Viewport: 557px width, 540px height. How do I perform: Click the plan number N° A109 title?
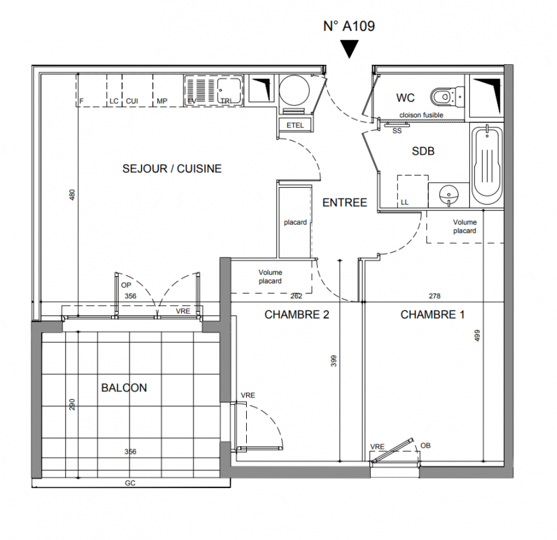tap(349, 26)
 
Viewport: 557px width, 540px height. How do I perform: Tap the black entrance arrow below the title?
tap(349, 48)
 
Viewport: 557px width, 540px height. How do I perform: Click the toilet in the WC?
tap(447, 96)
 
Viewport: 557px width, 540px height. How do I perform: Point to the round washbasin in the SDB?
tap(448, 195)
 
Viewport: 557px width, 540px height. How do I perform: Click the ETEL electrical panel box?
tap(295, 125)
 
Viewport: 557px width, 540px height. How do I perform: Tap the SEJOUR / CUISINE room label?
tap(172, 169)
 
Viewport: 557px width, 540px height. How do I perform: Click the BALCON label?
tap(124, 387)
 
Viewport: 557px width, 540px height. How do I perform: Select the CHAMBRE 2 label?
tap(297, 315)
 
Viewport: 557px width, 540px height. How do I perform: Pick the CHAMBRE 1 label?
tap(432, 315)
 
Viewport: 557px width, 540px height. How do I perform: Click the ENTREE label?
tap(345, 202)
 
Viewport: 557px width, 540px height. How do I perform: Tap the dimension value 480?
tap(72, 195)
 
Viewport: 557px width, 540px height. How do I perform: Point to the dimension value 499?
tap(477, 335)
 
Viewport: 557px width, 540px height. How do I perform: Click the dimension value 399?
tap(334, 361)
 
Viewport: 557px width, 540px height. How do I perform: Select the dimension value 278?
tap(434, 296)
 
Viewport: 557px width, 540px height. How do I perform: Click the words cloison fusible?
tap(421, 115)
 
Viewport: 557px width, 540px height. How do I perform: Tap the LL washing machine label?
tap(405, 202)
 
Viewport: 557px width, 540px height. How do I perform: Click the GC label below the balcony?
tap(130, 483)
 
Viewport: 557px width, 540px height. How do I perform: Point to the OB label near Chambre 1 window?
tap(426, 446)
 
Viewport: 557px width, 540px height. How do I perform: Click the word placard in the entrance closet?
tap(295, 223)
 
